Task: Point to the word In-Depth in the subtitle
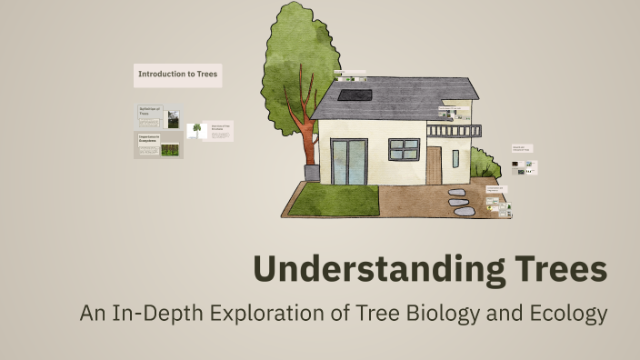tap(156, 315)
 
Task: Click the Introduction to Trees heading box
tap(177, 74)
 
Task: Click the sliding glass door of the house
tap(349, 161)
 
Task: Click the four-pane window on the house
tap(404, 148)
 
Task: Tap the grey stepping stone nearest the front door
tap(455, 193)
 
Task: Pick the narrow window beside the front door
tap(455, 159)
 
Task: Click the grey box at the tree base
tap(312, 173)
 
